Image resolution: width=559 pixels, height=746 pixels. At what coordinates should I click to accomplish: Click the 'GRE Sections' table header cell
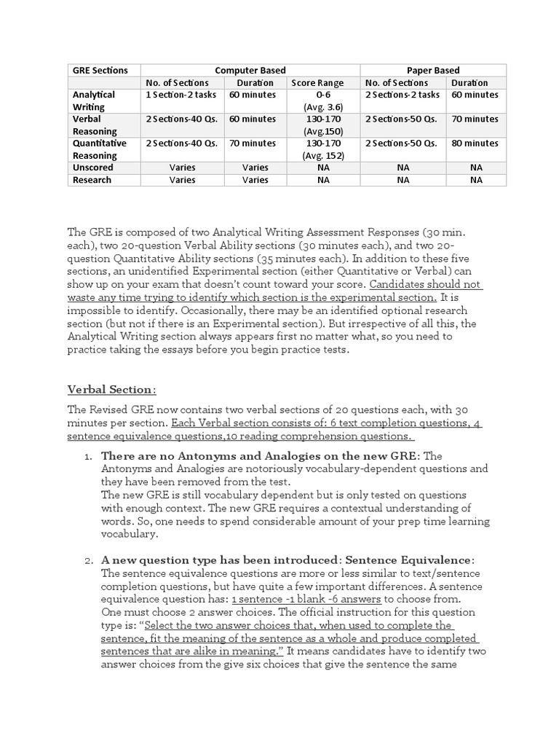click(x=100, y=71)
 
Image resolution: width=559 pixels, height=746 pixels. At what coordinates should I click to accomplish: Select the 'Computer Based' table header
click(x=250, y=71)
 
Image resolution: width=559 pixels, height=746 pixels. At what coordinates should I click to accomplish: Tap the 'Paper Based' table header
click(x=433, y=71)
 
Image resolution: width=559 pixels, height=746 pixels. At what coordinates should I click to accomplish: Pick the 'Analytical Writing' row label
click(x=94, y=101)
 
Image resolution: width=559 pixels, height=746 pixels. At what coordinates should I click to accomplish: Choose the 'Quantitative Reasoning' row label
click(x=99, y=149)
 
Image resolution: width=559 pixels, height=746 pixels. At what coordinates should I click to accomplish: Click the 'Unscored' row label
click(x=93, y=168)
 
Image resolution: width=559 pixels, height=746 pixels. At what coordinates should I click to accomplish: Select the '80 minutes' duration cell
click(x=475, y=144)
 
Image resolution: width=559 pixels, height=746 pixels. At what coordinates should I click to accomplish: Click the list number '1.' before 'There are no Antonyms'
click(x=87, y=456)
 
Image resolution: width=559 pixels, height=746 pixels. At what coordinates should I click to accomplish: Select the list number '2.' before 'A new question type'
click(x=87, y=560)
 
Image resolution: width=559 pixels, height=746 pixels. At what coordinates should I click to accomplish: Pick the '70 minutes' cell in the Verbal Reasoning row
click(x=475, y=119)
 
